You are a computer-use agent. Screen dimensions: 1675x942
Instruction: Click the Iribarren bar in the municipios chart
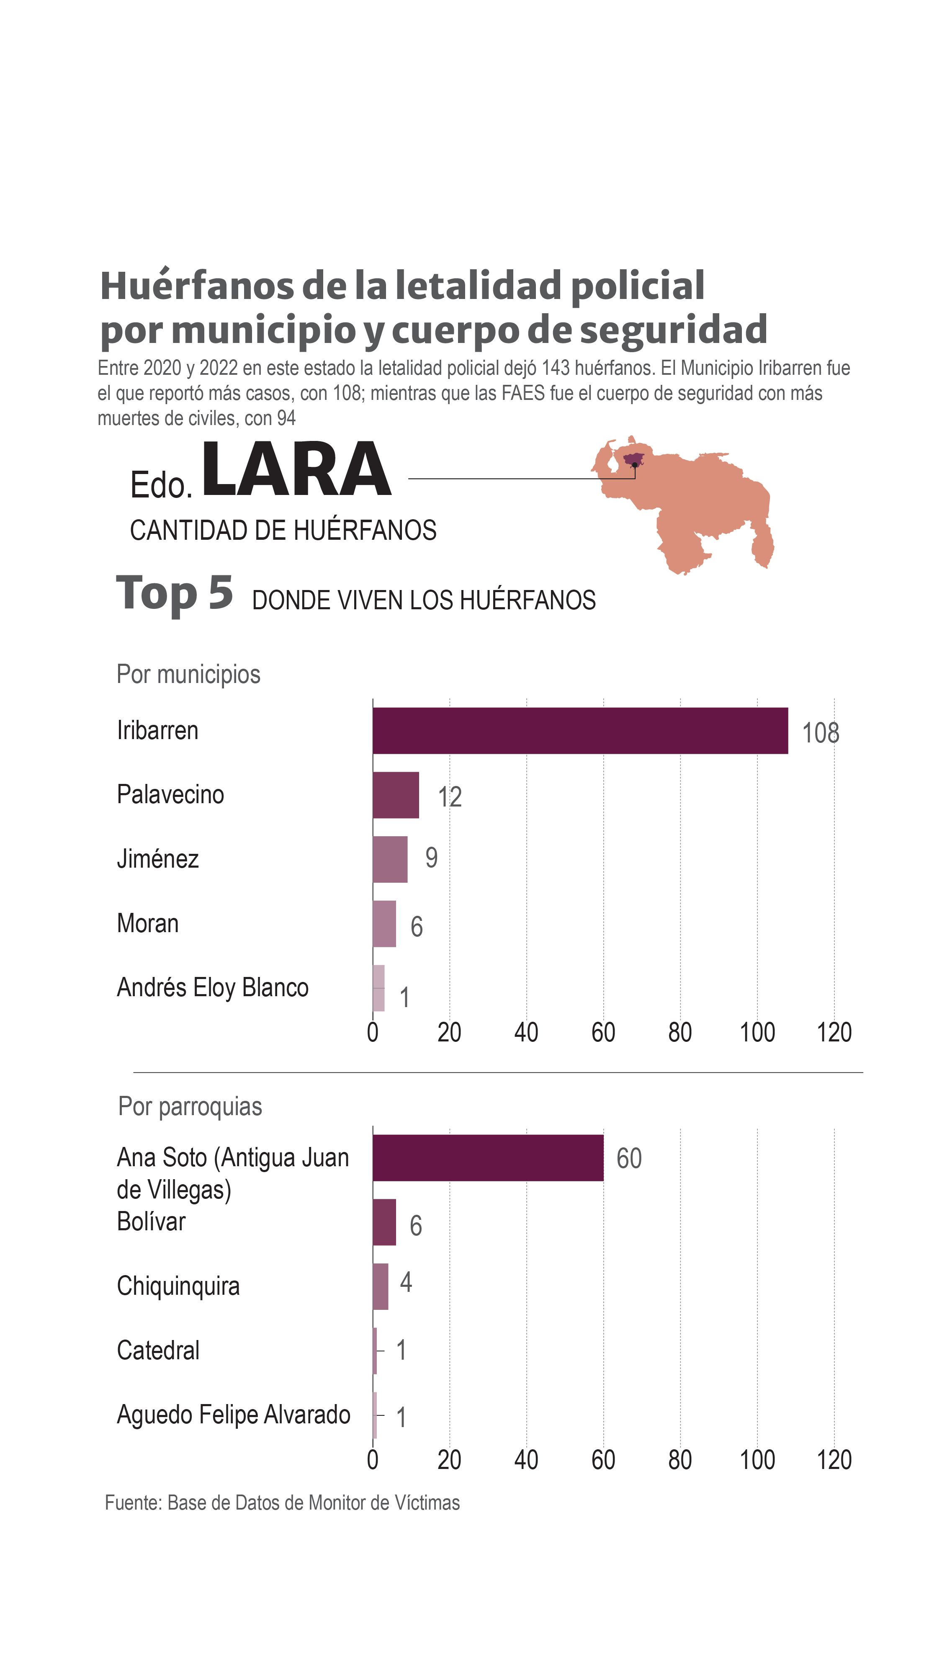(580, 730)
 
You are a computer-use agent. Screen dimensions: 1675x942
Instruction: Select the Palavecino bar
(395, 795)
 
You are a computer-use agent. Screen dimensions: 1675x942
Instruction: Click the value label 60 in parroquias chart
(629, 1158)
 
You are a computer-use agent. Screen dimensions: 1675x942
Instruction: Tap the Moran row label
(147, 923)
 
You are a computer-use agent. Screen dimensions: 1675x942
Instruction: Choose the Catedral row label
(158, 1350)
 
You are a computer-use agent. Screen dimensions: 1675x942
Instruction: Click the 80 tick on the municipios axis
(680, 1033)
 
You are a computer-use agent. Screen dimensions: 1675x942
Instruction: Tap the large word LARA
(296, 469)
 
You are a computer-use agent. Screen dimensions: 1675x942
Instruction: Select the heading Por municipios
(188, 674)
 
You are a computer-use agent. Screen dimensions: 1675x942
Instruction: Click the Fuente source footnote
(282, 1503)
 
